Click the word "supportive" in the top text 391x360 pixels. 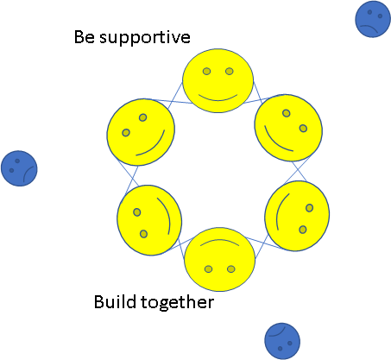pos(145,38)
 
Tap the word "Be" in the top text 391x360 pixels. pos(85,37)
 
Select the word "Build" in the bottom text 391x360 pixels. pos(115,301)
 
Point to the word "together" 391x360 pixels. pos(177,303)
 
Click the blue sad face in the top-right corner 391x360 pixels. pos(373,19)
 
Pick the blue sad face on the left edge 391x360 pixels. pos(19,168)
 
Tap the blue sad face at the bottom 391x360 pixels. pos(282,341)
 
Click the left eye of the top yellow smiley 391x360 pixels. pos(206,71)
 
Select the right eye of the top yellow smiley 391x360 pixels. pos(230,71)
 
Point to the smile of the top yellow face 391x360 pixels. pos(218,99)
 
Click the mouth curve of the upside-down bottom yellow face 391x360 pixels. pos(219,241)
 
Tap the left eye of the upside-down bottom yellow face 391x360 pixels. pos(208,269)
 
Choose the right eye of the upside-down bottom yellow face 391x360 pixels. pos(231,269)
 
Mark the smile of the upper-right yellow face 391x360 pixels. pos(274,143)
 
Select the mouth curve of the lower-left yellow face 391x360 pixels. pos(167,213)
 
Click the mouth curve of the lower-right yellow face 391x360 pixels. pos(278,210)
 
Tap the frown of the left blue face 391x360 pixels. pos(27,172)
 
